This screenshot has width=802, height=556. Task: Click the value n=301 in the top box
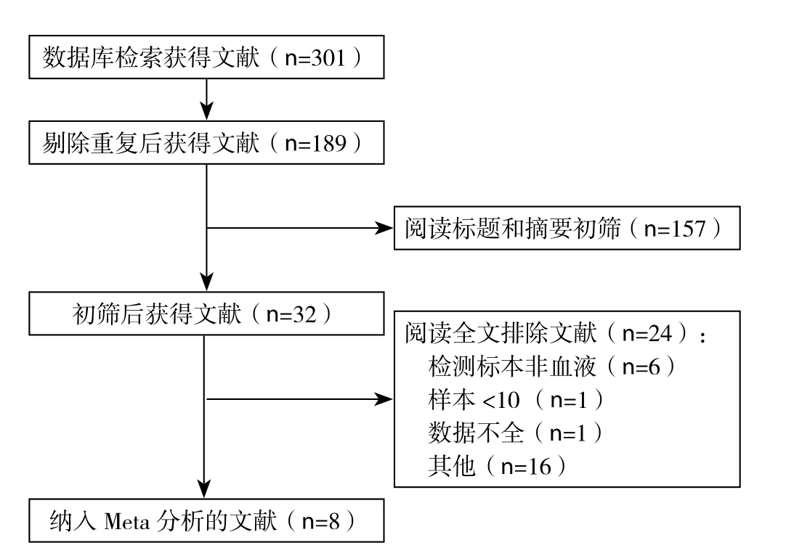[x=315, y=58]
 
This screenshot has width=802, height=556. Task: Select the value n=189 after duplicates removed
[x=315, y=144]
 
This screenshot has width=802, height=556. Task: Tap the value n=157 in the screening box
[x=675, y=229]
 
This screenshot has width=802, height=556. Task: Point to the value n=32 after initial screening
[x=291, y=315]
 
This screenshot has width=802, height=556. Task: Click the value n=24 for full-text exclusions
[x=647, y=334]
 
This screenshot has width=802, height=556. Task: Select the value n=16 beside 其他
[x=526, y=467]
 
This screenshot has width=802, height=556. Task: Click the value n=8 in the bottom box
[x=321, y=521]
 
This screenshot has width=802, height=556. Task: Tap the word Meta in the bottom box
[x=127, y=522]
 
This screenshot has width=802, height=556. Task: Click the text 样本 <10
[x=474, y=400]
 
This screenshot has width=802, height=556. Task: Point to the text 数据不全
[x=477, y=433]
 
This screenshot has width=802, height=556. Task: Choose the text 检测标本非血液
[x=512, y=367]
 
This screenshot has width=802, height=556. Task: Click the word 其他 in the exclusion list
[x=452, y=466]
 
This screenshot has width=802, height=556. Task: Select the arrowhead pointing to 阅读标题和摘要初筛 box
[x=384, y=228]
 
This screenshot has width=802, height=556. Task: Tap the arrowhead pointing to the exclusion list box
[x=384, y=399]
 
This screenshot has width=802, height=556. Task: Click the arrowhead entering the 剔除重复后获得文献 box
[x=206, y=111]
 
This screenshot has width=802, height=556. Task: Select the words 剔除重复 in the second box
[x=90, y=143]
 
